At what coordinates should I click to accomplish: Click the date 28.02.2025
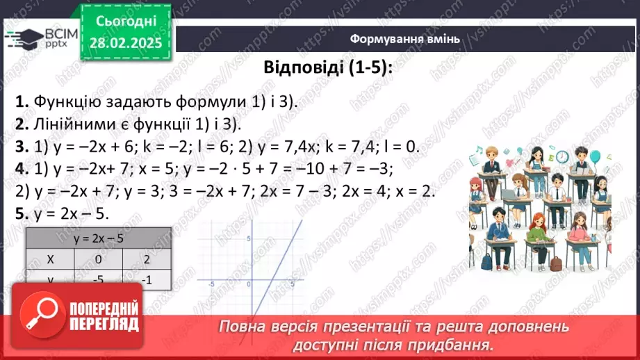pos(125,43)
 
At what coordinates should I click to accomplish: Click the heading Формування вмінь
pos(404,38)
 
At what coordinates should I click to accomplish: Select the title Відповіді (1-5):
pos(327,68)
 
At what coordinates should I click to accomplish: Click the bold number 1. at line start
pos(22,101)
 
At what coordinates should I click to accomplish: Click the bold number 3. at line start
pos(22,147)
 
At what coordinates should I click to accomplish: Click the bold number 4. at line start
pos(22,169)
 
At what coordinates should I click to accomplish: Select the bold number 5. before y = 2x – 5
pos(22,214)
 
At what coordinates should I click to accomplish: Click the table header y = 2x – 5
pos(98,239)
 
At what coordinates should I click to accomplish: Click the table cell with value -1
pos(146,279)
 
